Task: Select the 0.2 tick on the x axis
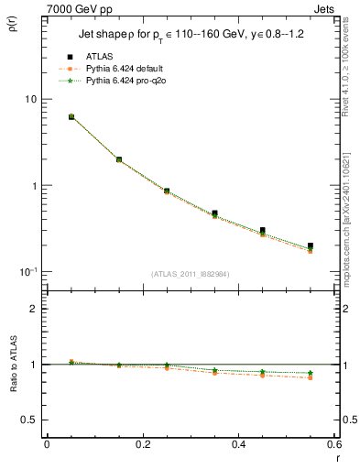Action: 142,444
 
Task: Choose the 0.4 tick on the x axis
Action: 238,444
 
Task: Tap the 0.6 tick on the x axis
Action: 333,444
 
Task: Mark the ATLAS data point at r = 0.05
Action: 71,117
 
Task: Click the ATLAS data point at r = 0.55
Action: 311,246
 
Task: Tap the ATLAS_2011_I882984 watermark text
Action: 191,274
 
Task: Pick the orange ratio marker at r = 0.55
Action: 311,377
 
